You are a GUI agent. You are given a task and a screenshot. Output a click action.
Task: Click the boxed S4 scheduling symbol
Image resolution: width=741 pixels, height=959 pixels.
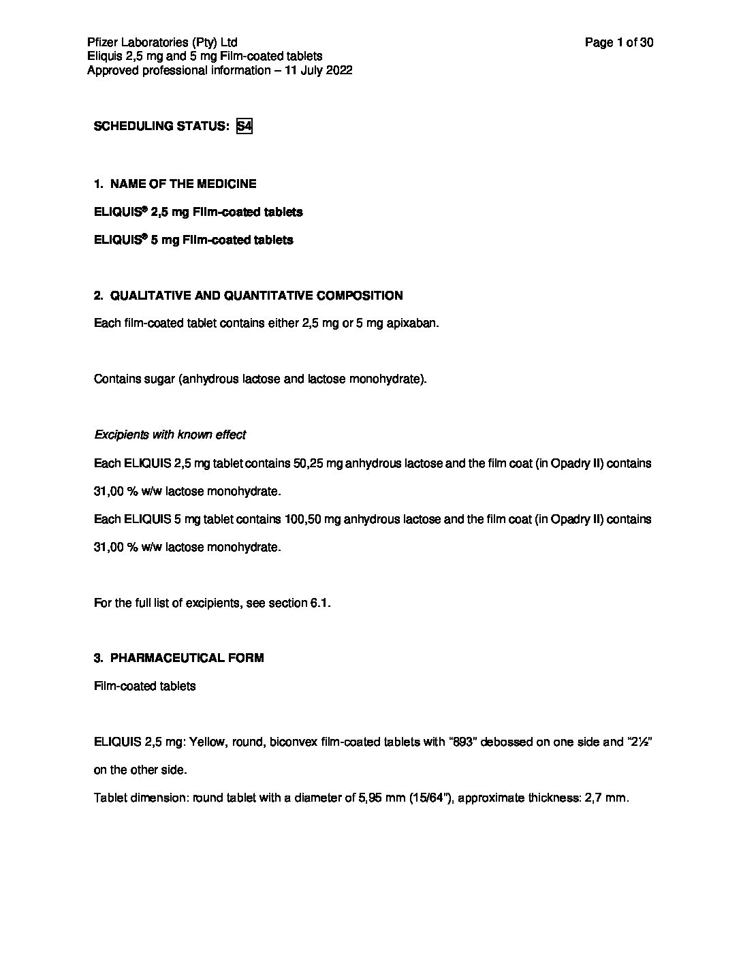click(x=244, y=127)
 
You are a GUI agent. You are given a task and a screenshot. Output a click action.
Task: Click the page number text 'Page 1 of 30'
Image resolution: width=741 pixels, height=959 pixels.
click(x=618, y=43)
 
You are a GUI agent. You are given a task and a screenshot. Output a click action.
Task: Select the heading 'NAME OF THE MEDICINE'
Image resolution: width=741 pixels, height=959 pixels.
click(x=183, y=184)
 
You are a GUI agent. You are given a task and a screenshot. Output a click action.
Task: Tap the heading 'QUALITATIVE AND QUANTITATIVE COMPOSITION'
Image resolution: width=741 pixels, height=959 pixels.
click(x=256, y=296)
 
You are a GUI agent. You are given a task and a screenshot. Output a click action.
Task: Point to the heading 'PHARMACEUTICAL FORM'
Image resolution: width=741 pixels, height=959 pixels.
click(x=187, y=658)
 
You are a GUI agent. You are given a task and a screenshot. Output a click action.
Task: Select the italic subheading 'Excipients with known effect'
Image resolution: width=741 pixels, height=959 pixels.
click(x=170, y=435)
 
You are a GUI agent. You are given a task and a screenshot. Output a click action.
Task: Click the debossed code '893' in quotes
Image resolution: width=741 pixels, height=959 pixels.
click(x=462, y=742)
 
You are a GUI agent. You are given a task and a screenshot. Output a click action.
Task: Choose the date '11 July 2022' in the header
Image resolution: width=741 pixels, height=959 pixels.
click(x=319, y=71)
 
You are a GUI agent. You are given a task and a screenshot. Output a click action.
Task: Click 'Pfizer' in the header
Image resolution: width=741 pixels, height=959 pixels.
click(x=101, y=43)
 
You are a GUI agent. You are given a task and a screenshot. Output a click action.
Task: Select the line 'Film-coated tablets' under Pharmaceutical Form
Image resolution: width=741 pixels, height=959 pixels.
click(x=144, y=686)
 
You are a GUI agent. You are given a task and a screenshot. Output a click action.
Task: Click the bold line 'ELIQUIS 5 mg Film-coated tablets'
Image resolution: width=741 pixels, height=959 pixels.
click(x=193, y=240)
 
